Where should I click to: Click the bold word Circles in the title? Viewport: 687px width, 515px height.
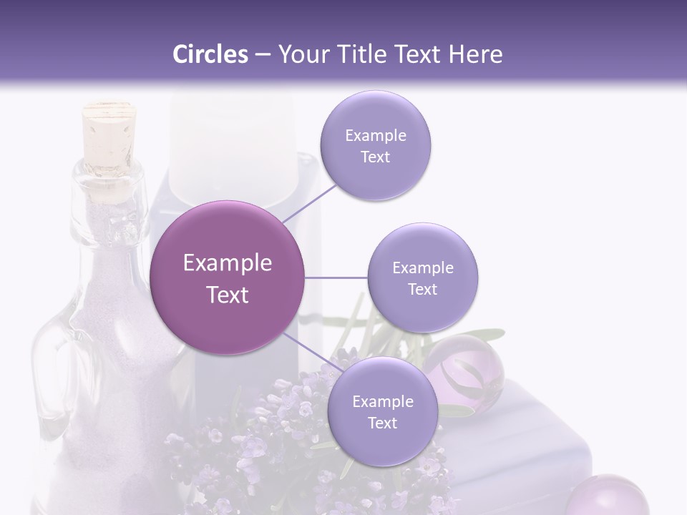pyautogui.click(x=210, y=54)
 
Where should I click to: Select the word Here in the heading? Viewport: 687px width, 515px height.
pyautogui.click(x=475, y=54)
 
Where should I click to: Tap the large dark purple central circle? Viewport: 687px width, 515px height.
pyautogui.click(x=228, y=278)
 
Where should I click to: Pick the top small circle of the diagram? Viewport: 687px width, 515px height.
pyautogui.click(x=375, y=146)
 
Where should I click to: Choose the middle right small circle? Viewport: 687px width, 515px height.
pyautogui.click(x=423, y=278)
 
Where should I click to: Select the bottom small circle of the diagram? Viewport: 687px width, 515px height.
pyautogui.click(x=382, y=412)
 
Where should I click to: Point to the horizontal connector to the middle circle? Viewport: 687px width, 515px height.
pyautogui.click(x=336, y=278)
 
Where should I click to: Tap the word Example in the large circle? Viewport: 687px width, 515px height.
pyautogui.click(x=228, y=263)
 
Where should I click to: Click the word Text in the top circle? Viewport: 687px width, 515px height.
pyautogui.click(x=375, y=157)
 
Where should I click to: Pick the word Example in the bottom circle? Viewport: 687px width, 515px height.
pyautogui.click(x=382, y=401)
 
